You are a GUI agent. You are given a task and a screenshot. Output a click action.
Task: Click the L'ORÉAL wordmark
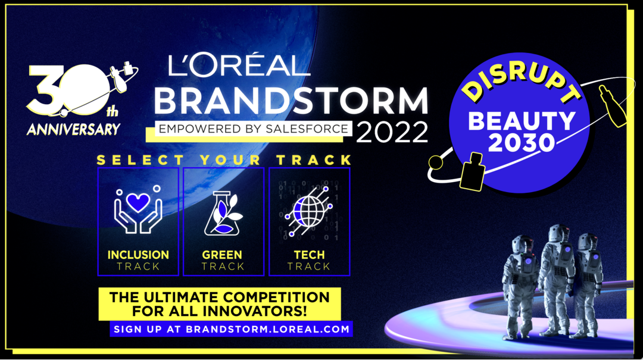(x=239, y=66)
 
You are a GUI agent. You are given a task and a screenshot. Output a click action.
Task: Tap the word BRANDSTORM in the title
(x=291, y=101)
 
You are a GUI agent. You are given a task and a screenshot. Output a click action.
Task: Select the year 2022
(x=392, y=132)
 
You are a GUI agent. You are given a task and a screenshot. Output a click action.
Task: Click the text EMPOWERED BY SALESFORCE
(x=254, y=129)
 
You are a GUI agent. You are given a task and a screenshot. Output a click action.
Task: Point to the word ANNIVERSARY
(x=74, y=130)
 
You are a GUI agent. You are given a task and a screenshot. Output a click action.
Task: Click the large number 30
(x=68, y=90)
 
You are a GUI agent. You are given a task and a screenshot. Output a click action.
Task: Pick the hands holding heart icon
(x=138, y=209)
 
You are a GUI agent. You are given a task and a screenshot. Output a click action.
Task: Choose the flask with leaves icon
(x=223, y=213)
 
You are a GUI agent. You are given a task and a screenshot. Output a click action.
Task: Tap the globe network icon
(x=309, y=211)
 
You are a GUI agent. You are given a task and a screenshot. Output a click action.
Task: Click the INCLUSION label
(x=138, y=255)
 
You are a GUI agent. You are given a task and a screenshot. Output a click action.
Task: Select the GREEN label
(x=222, y=255)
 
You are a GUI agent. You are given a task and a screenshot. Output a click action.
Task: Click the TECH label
(x=309, y=255)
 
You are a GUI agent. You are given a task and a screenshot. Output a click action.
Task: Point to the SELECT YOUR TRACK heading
(x=224, y=160)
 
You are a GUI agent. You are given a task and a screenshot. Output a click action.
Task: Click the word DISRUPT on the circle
(x=521, y=82)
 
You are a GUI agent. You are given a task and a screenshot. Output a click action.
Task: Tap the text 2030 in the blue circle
(x=521, y=143)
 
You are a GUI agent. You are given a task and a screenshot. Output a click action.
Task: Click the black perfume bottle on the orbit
(x=472, y=172)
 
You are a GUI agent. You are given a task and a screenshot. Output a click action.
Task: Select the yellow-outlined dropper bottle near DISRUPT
(x=613, y=106)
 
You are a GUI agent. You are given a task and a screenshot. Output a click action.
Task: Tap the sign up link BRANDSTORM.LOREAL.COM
(x=268, y=329)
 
